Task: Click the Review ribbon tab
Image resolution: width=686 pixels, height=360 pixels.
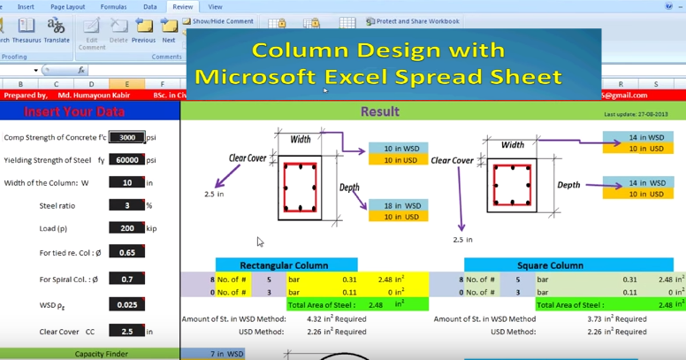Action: pos(183,6)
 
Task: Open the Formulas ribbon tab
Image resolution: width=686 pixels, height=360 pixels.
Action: pos(113,6)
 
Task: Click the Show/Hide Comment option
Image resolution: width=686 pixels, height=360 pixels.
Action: pos(218,21)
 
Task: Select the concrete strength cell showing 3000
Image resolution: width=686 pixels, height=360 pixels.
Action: pos(127,137)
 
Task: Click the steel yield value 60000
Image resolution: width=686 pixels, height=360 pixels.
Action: pos(127,160)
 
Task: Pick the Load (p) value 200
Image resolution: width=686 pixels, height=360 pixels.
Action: pos(127,228)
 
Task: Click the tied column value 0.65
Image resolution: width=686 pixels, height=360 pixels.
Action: pos(127,252)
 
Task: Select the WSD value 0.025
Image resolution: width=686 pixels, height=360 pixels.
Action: pos(127,305)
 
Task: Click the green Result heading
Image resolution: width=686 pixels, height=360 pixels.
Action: pos(379,112)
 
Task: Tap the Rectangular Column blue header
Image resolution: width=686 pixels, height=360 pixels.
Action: pos(286,264)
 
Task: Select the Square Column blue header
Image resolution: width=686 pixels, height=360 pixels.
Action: pos(550,264)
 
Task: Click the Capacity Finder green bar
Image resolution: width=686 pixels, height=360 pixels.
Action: pos(89,354)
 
